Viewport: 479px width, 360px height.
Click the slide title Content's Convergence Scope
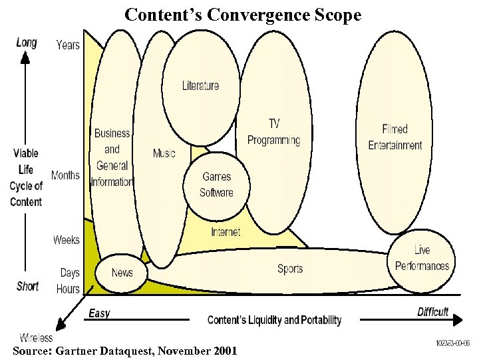(243, 14)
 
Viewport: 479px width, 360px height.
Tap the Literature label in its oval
(200, 85)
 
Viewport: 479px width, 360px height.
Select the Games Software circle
(217, 185)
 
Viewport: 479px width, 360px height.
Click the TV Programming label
(273, 132)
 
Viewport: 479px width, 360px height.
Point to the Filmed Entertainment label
(395, 137)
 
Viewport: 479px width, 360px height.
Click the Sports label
(290, 269)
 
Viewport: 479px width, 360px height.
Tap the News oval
(122, 272)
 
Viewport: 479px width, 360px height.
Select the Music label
(164, 153)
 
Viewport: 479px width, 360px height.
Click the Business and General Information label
(112, 157)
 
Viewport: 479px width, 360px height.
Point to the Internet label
(226, 232)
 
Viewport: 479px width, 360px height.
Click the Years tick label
(68, 45)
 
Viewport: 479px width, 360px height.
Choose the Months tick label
(65, 175)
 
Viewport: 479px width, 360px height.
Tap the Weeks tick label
(67, 239)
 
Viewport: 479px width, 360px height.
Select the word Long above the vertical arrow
(27, 43)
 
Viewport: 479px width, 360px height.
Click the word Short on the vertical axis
(27, 286)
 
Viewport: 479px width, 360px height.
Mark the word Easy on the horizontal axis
(99, 313)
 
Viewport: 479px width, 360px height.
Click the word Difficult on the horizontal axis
(433, 312)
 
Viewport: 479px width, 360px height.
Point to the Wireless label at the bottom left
(36, 338)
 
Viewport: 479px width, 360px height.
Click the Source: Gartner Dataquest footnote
(124, 351)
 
